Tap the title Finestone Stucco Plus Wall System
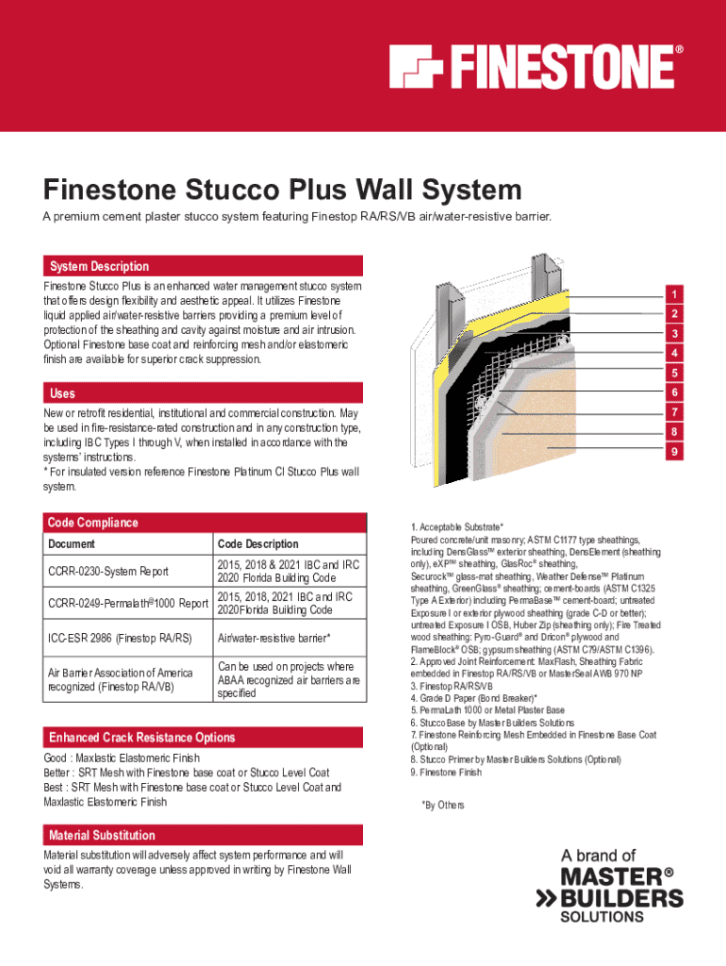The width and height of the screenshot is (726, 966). [x=282, y=192]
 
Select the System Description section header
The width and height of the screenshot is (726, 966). [x=99, y=266]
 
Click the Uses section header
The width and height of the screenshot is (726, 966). [x=63, y=393]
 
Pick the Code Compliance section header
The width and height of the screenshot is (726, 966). [x=93, y=523]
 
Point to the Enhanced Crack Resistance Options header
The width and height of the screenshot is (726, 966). [x=142, y=737]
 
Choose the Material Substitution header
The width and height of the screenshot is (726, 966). [x=102, y=835]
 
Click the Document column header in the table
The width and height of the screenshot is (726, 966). [x=71, y=544]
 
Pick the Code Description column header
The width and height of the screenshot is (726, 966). [x=257, y=544]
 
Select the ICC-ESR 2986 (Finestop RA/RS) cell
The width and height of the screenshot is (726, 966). [x=119, y=639]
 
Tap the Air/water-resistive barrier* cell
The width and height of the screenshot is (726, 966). [x=273, y=639]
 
